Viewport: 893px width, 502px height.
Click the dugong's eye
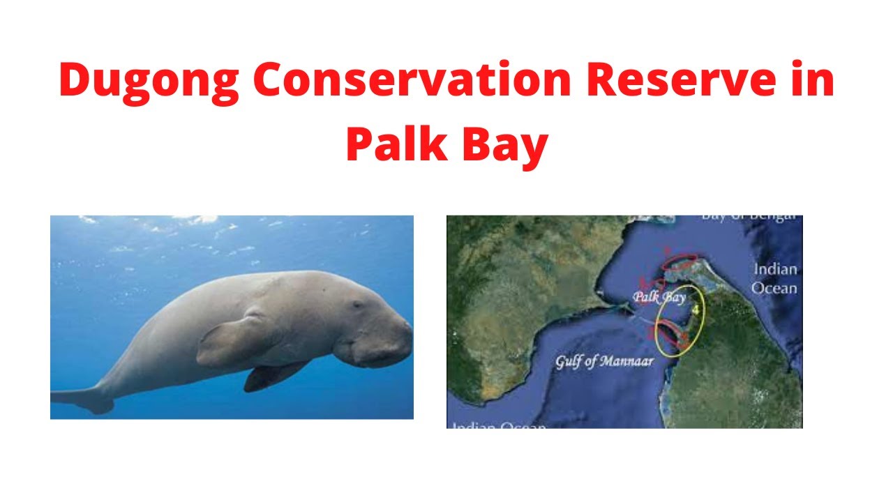358,305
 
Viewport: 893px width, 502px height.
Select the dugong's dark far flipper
269,376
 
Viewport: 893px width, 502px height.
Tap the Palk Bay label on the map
660,298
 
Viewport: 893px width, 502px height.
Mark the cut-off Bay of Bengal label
746,218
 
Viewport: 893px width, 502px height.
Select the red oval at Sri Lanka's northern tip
679,261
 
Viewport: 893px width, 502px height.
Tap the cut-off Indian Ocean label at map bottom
499,424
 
